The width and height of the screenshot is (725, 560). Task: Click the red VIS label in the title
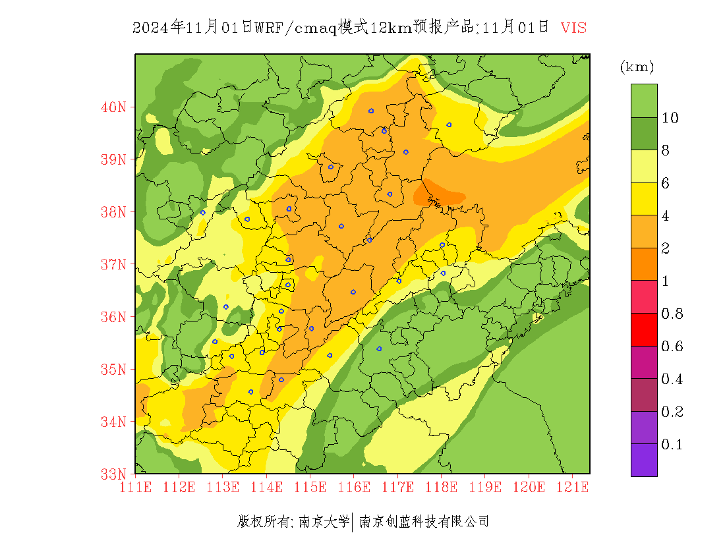click(x=573, y=28)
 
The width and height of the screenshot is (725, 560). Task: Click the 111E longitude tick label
click(x=136, y=487)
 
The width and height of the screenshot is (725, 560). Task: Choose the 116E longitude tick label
click(x=354, y=487)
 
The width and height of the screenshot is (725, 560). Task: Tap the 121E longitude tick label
click(x=572, y=487)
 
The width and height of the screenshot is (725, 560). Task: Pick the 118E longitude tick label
click(x=442, y=487)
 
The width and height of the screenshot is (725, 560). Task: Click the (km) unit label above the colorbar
click(x=637, y=67)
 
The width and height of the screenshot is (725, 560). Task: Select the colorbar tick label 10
click(x=670, y=118)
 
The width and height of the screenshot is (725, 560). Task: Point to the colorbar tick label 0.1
click(x=672, y=445)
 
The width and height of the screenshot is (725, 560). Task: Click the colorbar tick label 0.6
click(x=672, y=347)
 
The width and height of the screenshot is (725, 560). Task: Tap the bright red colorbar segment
click(x=644, y=330)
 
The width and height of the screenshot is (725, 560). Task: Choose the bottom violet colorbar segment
click(x=644, y=460)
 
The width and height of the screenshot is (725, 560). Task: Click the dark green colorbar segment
click(x=644, y=134)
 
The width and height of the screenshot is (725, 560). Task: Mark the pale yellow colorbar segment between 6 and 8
click(x=644, y=167)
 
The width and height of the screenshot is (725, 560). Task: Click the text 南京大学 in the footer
click(x=324, y=522)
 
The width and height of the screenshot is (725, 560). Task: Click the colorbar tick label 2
click(x=666, y=248)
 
